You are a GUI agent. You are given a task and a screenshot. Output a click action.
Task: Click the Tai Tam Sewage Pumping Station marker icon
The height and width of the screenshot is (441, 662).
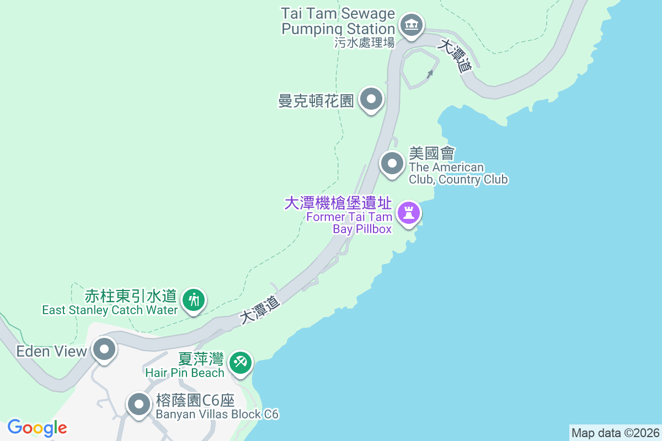(x=410, y=25)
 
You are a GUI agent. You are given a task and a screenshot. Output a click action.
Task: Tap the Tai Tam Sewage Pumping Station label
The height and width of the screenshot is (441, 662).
(x=338, y=21)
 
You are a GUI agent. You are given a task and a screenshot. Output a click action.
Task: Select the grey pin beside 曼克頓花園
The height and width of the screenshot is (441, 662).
(x=371, y=100)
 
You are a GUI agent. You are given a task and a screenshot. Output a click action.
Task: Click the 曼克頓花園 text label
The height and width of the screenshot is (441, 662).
(x=316, y=101)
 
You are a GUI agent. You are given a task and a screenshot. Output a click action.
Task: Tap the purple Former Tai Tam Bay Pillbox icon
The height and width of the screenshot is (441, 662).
(x=409, y=213)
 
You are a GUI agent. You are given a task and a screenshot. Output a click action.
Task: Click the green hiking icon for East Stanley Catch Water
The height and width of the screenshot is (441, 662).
(x=194, y=300)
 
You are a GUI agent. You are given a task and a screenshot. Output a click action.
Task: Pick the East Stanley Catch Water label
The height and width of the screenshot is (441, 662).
(x=110, y=310)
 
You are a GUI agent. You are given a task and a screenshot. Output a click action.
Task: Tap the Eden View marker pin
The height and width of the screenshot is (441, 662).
(x=104, y=349)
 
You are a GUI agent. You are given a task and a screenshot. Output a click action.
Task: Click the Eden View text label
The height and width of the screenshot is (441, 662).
(x=52, y=351)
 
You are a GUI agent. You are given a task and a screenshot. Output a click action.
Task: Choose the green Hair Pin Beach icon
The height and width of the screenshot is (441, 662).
(x=241, y=363)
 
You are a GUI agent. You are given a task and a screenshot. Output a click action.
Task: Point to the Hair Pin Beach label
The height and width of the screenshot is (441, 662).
(x=185, y=372)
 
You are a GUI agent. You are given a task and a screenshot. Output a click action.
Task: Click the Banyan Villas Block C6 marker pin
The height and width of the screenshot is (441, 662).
(x=138, y=405)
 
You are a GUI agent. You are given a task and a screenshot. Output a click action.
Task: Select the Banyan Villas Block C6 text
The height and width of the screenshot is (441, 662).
(x=217, y=414)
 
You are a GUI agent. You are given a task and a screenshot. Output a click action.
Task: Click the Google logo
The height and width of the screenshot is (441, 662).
(x=37, y=428)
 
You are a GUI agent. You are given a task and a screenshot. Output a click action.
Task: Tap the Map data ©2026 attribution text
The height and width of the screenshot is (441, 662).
(x=615, y=433)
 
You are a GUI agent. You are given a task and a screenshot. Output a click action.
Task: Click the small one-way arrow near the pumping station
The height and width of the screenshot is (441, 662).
(x=430, y=73)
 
